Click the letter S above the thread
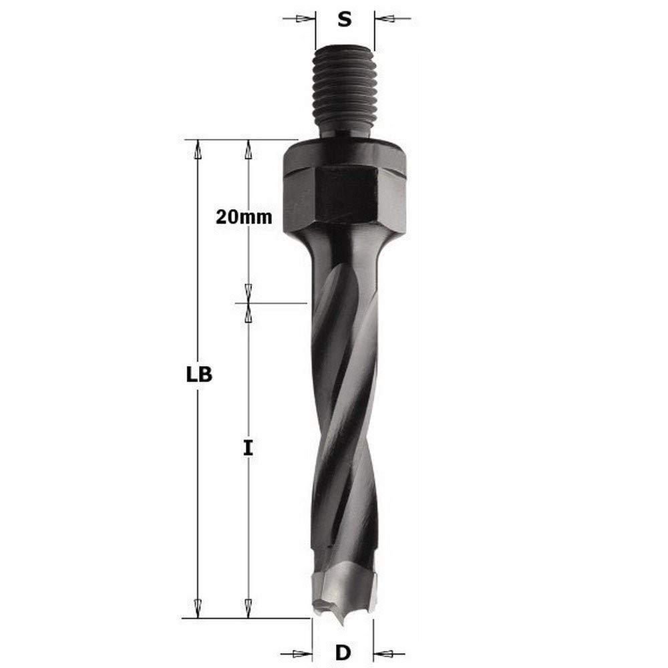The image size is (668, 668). [344, 19]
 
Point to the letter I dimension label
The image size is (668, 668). [248, 448]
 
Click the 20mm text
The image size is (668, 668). [244, 217]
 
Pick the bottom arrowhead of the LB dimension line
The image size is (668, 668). [197, 609]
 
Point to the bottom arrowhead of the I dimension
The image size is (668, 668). [248, 609]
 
